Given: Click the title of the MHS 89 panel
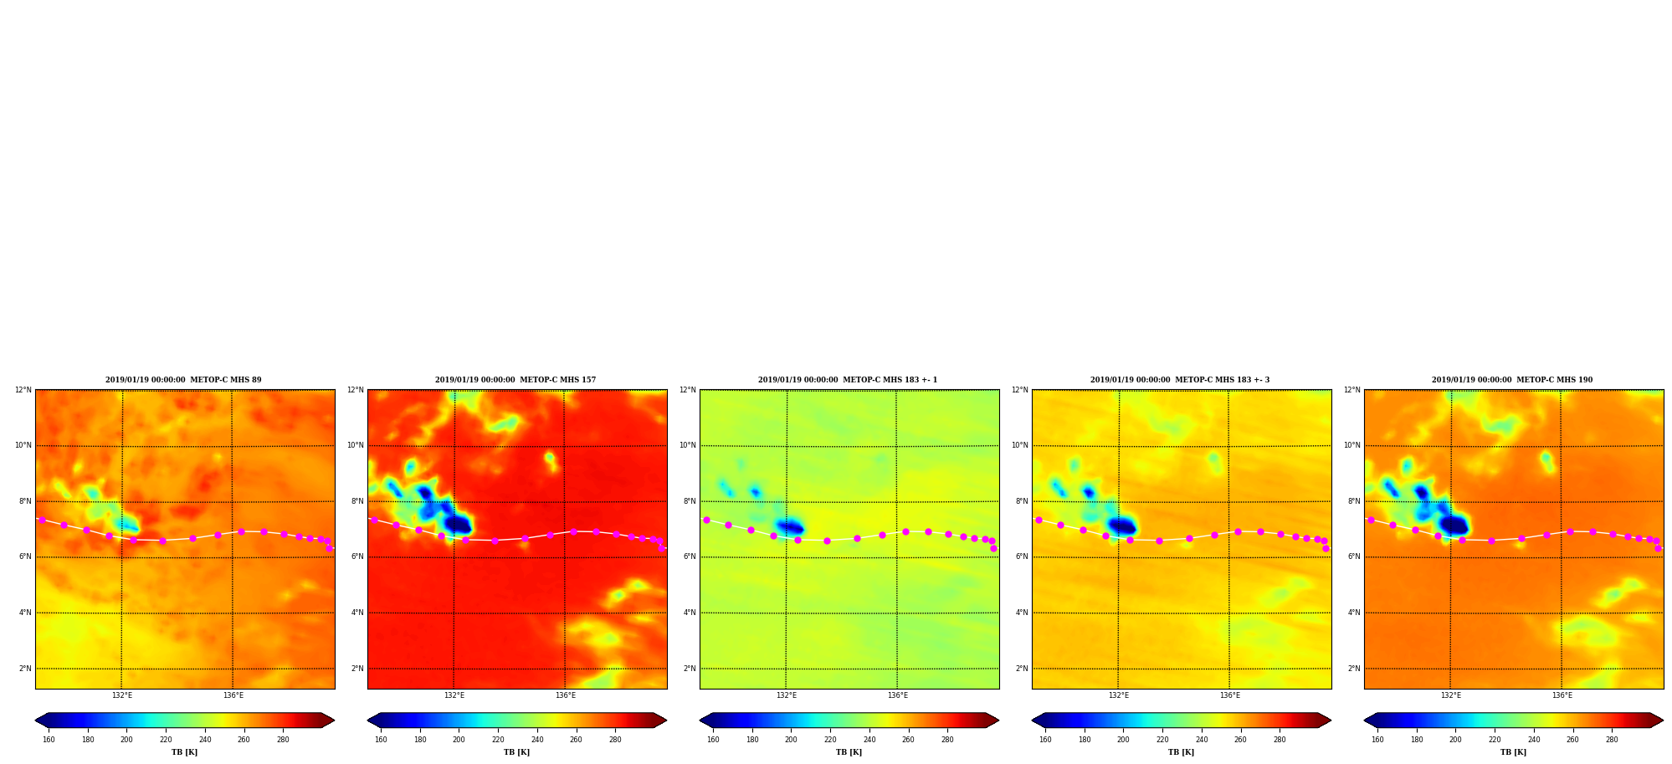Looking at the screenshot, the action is pos(183,380).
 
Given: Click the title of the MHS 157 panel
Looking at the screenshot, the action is pos(515,380).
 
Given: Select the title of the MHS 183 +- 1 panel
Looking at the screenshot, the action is pos(848,380).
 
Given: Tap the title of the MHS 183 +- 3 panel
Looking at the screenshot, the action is pos(1180,380).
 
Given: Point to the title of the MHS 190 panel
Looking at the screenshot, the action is pos(1512,380).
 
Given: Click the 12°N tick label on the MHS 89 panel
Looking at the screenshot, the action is pos(23,390).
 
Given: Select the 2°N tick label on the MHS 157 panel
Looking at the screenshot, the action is pos(357,669).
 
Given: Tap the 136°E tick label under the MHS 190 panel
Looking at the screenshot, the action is pos(1562,695).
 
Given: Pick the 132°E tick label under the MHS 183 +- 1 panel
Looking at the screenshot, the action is pos(787,695).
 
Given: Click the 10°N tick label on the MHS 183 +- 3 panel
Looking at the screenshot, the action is pos(1019,445).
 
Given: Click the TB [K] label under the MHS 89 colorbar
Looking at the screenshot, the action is pos(185,752).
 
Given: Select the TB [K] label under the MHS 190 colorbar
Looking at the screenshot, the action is pos(1514,752).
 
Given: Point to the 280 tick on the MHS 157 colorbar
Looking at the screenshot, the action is pos(615,740).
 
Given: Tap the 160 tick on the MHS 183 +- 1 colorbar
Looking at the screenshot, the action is pos(713,740).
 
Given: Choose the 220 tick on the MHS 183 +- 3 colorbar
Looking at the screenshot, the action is pos(1162,740).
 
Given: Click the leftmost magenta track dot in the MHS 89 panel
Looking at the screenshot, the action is pos(42,520).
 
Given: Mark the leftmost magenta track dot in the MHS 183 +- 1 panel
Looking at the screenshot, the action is pos(706,520).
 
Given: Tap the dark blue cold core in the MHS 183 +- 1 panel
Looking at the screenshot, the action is pos(790,527).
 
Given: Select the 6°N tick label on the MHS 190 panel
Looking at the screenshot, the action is pos(1354,556).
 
